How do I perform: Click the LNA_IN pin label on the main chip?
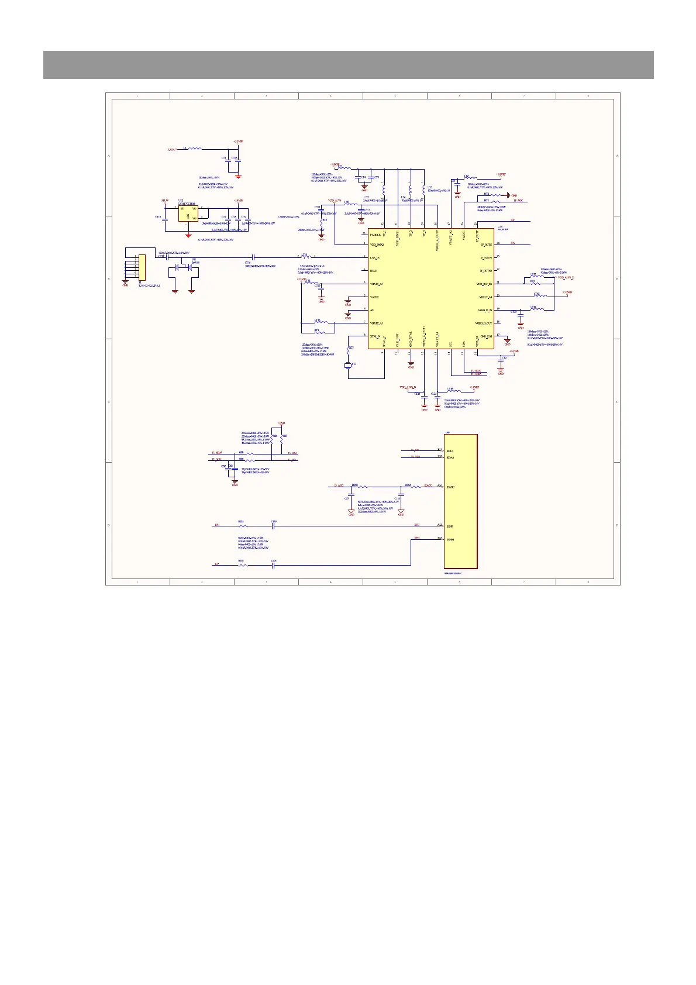(375, 257)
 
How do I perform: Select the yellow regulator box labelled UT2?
(188, 213)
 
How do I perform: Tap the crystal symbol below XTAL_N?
(348, 366)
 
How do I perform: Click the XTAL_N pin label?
(375, 336)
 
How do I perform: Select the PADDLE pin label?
(375, 234)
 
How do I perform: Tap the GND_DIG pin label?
(486, 336)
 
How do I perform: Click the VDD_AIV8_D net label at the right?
(566, 278)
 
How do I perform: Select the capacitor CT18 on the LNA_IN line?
(253, 257)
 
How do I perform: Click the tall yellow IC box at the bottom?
(460, 501)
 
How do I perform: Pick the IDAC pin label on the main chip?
(373, 270)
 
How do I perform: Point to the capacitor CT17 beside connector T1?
(167, 257)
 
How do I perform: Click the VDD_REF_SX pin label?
(484, 284)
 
